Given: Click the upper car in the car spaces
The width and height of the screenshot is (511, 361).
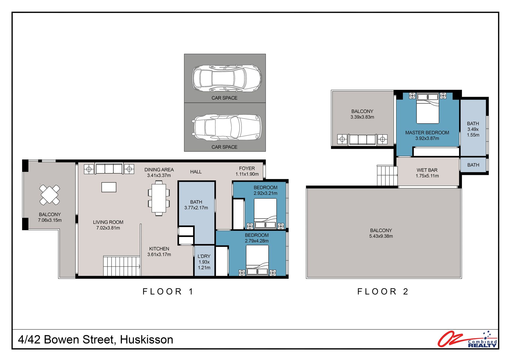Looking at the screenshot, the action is coord(227,78).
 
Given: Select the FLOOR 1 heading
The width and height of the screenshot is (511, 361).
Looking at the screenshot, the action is coord(168,292).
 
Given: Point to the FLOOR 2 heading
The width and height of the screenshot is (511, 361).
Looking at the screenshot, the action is coord(382,292).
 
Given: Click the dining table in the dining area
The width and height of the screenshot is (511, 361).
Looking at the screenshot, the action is coord(159,198).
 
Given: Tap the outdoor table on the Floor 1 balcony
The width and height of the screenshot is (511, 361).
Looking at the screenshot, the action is coord(50,195).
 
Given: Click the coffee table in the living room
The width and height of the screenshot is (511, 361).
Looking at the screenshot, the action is coord(109,187).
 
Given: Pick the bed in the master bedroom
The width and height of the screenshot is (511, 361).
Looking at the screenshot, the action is coord(427,108).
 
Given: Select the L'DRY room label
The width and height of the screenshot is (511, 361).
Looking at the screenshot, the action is coord(204,256).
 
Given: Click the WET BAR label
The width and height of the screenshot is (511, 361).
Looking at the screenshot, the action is coord(427,170).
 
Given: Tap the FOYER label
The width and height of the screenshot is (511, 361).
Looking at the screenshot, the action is coord(247,168).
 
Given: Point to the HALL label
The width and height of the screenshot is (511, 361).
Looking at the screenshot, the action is coord(196,172).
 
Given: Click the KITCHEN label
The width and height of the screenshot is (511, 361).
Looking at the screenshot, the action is coord(159,249).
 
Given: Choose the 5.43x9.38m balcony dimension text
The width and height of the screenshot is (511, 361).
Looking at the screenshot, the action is coord(381,236).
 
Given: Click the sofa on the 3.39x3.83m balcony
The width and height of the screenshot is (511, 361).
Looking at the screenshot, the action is coord(362,140).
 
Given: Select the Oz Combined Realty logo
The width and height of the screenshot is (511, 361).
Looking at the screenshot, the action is coord(467,339).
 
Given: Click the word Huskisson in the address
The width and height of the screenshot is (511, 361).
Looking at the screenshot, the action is coord(147,340).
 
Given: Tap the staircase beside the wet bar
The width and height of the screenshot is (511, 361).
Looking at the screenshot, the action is coord(387,175).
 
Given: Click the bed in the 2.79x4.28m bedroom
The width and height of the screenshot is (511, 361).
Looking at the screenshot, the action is coord(257,260).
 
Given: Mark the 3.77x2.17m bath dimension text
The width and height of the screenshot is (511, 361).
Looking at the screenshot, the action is coord(196,208).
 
